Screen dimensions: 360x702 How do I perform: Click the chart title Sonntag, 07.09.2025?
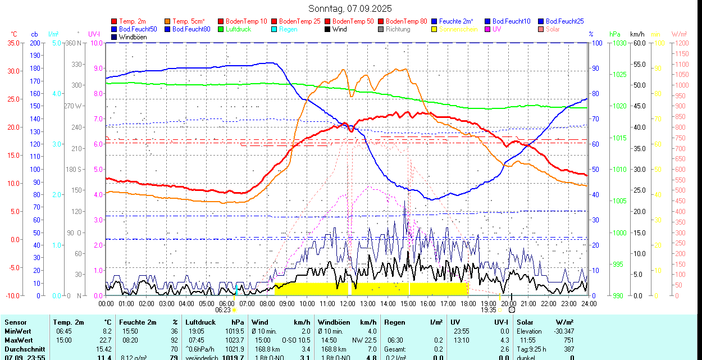click(x=350, y=8)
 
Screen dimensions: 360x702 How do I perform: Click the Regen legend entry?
click(x=288, y=29)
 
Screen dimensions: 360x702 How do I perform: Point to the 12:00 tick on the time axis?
click(x=348, y=303)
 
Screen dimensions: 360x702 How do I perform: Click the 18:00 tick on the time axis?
click(x=468, y=303)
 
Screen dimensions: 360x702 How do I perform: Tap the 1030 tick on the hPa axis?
click(x=620, y=43)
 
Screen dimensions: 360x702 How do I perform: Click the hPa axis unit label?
click(x=615, y=34)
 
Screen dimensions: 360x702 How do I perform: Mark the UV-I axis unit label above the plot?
click(x=94, y=34)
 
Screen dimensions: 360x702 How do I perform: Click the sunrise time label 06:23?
click(x=223, y=309)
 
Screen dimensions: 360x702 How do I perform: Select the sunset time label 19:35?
click(x=488, y=309)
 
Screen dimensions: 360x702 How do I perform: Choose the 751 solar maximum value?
click(x=568, y=340)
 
